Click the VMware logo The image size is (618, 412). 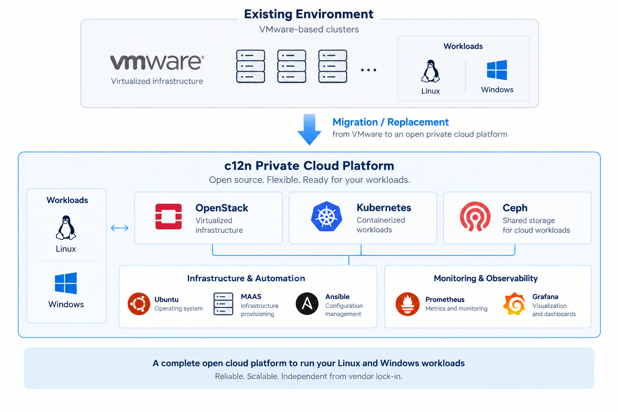[x=157, y=62]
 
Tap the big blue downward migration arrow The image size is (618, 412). [x=309, y=130]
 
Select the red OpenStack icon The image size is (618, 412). [x=169, y=216]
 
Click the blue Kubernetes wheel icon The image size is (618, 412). [x=326, y=216]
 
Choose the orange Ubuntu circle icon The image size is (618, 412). [x=139, y=304]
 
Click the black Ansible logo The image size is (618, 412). [x=307, y=304]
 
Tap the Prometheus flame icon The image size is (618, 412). [x=408, y=304]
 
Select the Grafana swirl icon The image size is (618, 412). [x=514, y=304]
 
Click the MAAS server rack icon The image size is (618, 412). [x=223, y=304]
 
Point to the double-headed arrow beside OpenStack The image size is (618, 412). [x=119, y=228]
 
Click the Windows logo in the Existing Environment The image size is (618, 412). [x=497, y=70]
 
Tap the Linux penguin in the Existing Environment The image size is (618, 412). [x=431, y=71]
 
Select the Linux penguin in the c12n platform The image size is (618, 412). [x=66, y=228]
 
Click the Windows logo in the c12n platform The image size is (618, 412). [x=66, y=283]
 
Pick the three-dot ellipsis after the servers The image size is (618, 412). [x=369, y=70]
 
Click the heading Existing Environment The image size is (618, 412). [x=309, y=14]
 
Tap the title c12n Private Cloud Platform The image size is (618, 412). [x=309, y=166]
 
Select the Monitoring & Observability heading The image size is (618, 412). [x=486, y=278]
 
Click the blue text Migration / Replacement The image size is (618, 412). [x=391, y=122]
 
